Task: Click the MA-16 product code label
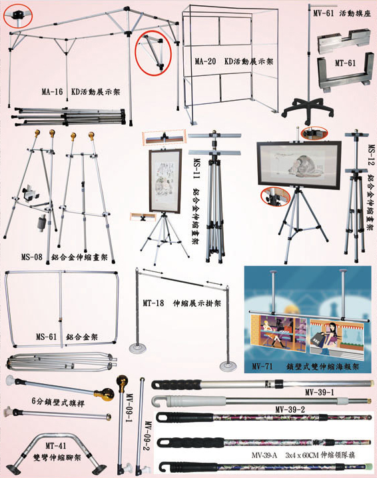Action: click(x=52, y=92)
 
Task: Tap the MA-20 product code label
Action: click(x=205, y=61)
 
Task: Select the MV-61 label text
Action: click(x=324, y=13)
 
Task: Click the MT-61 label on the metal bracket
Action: click(x=345, y=63)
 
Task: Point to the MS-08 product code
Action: click(x=32, y=257)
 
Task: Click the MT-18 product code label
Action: click(x=153, y=303)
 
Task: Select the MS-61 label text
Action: click(x=46, y=337)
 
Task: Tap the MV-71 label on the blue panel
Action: click(x=262, y=366)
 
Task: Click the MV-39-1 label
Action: click(x=320, y=392)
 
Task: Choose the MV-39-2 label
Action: click(x=290, y=409)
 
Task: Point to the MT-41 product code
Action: click(x=56, y=446)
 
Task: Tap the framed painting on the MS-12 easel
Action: click(x=299, y=165)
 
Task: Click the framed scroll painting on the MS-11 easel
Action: click(x=165, y=181)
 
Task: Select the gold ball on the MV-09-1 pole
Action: click(x=122, y=381)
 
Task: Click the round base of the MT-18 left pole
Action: click(x=138, y=348)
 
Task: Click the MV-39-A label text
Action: click(x=264, y=455)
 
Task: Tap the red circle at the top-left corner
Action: click(x=18, y=15)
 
